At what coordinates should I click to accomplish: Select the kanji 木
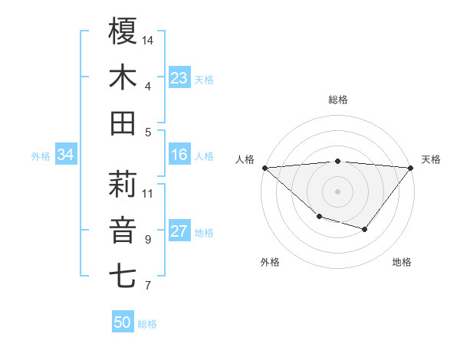coord(123,77)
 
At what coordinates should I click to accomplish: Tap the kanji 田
coord(123,123)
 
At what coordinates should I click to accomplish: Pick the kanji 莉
coord(123,184)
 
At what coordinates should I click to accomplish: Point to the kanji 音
coord(123,231)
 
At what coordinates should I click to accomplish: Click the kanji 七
coord(123,277)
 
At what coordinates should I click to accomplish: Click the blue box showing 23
coord(179,78)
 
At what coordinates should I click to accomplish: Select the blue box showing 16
coord(179,155)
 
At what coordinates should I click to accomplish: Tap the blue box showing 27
coord(179,232)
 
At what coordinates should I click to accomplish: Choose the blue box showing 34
coord(65,155)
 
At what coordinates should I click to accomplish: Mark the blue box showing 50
coord(123,322)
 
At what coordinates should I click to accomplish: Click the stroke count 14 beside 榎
coord(149,40)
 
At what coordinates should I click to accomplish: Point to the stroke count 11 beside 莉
coord(149,193)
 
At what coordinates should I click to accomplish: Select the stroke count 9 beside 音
coord(147,240)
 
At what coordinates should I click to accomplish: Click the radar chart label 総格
coord(337,100)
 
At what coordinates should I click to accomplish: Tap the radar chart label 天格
coord(431,159)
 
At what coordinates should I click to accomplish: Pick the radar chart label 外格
coord(269,262)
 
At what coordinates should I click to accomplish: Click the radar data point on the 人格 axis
coord(264,167)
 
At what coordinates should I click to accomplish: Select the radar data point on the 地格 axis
coord(365,229)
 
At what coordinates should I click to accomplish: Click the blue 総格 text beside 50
coord(147,324)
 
